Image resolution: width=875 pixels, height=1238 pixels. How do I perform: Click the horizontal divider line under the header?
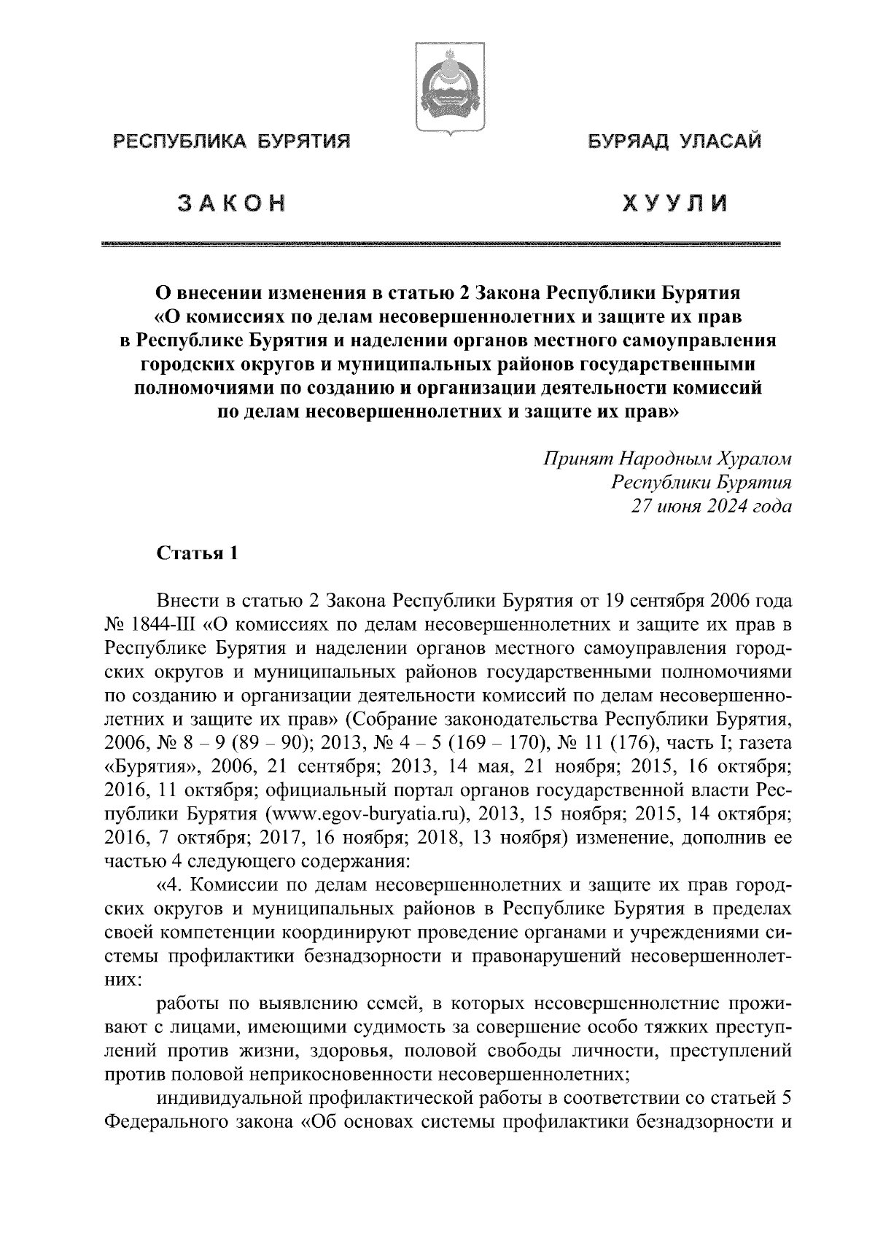click(x=442, y=244)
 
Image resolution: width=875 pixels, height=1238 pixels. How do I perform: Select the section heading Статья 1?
click(x=198, y=554)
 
